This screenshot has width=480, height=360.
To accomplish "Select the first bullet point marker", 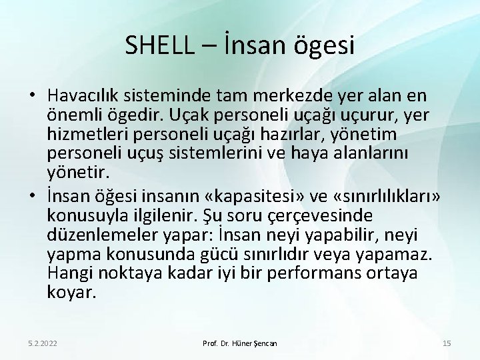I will point(33,97).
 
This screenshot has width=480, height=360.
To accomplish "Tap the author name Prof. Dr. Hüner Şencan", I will point(239,342).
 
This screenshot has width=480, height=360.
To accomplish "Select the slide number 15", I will point(447,342).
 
